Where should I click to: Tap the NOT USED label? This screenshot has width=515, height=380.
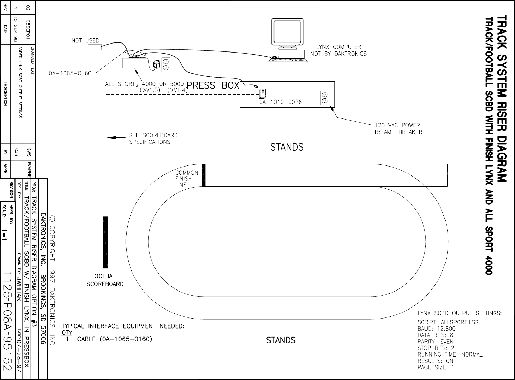point(85,41)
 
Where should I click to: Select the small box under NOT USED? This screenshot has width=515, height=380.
point(95,47)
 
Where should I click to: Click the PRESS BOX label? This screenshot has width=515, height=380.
point(213,85)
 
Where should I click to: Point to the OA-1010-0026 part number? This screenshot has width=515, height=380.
point(280,102)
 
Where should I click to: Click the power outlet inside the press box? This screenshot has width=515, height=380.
point(325,97)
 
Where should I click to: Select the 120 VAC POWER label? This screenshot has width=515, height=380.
point(397,125)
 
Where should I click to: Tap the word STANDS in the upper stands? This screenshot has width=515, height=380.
point(287,147)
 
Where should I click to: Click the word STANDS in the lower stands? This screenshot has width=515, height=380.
point(281,340)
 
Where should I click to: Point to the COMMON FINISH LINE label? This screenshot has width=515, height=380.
point(186,179)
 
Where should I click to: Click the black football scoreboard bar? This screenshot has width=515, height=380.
point(106,242)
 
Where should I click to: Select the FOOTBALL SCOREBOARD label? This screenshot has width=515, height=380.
point(105,280)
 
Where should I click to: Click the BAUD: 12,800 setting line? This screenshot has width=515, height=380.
point(437,329)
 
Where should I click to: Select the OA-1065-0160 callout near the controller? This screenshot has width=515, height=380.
point(70,73)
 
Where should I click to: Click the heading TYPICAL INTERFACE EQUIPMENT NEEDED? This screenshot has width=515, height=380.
point(123,326)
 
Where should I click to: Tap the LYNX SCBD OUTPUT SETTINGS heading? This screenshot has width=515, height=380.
point(459,313)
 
